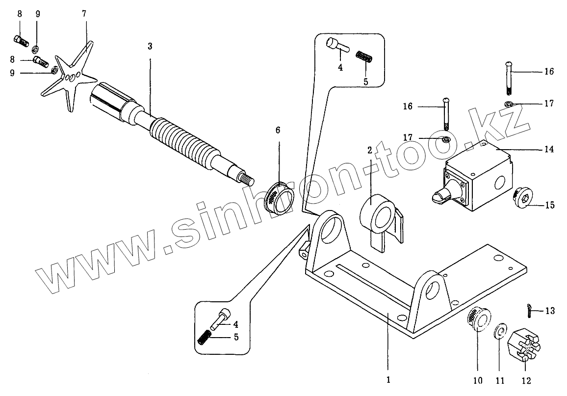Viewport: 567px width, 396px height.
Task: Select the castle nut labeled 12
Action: pyautogui.click(x=524, y=344)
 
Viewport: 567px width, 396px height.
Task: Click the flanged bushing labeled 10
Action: pyautogui.click(x=477, y=320)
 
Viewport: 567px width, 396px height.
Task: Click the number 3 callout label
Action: pyautogui.click(x=150, y=47)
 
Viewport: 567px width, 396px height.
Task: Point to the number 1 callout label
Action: pyautogui.click(x=387, y=379)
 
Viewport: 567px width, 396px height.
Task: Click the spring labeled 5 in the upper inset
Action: pyautogui.click(x=364, y=57)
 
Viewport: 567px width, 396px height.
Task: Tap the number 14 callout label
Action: pyautogui.click(x=549, y=149)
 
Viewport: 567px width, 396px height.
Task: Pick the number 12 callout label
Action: pyautogui.click(x=526, y=380)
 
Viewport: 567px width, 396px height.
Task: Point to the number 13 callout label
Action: pyautogui.click(x=550, y=311)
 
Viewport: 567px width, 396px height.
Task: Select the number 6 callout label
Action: pyautogui.click(x=278, y=130)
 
